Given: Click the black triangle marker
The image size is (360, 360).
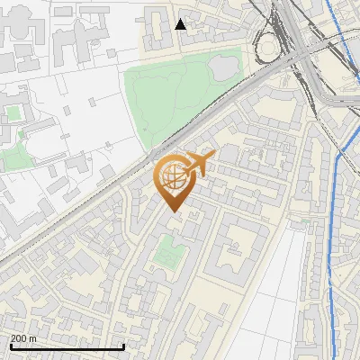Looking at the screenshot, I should click(181, 23).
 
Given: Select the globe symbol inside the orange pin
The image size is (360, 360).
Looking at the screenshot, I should click(174, 176).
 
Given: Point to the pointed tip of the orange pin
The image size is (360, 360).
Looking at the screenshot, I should click(175, 211).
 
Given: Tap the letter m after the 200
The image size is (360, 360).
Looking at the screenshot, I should click(33, 338).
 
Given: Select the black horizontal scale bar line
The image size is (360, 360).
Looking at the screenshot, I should click(67, 346).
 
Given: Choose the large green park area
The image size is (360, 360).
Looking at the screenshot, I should click(171, 99).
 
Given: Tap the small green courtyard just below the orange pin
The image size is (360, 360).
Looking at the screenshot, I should click(164, 254).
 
